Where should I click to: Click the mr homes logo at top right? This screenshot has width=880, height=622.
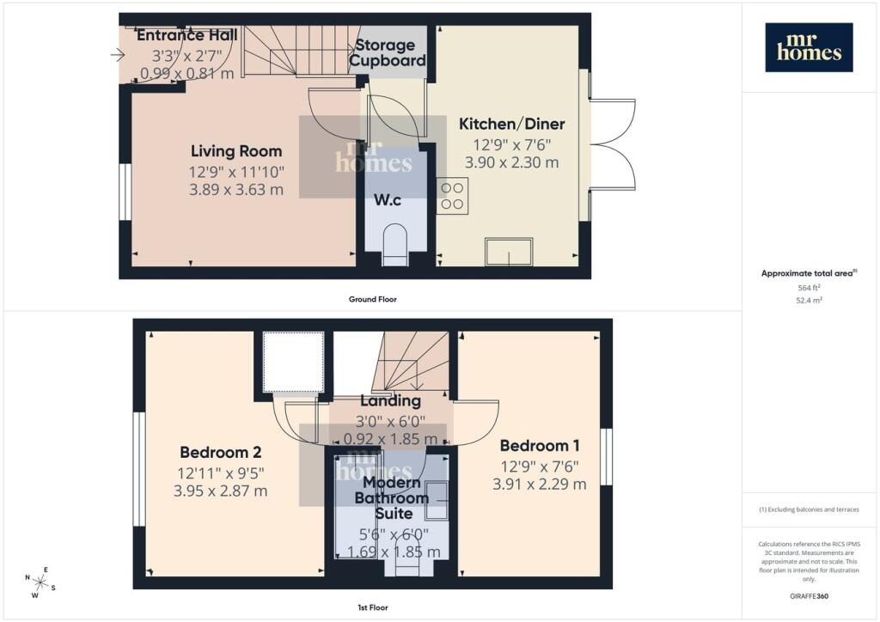coord(809,47)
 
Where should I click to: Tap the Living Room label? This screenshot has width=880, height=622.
coord(236,151)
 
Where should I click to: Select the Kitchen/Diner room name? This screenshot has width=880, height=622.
coord(512,124)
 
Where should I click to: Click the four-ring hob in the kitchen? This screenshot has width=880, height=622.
coord(452,196)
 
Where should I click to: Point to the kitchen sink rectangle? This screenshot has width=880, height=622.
coord(509,252)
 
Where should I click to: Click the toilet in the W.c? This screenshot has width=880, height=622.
coord(395,243)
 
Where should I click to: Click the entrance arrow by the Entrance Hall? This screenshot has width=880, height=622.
coord(117,55)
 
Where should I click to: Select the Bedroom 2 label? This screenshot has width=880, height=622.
coord(221,452)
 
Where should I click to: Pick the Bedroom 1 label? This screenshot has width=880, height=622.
coord(540,446)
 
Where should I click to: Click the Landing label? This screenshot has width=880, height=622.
coord(390,401)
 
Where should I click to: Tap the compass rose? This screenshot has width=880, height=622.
coord(40,582)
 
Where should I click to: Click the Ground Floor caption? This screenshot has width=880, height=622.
coord(373,300)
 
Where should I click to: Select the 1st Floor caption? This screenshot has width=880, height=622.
coord(373,607)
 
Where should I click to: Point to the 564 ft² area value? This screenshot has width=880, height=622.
coord(809,288)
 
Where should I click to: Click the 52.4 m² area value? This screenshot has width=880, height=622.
coord(809,300)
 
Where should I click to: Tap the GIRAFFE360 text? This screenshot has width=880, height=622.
coord(809,596)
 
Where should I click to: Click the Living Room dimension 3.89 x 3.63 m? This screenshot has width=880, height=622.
coord(236,190)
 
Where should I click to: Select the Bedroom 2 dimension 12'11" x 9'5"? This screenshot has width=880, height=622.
coord(221,473)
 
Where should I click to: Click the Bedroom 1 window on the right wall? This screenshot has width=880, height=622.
coord(606,456)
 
